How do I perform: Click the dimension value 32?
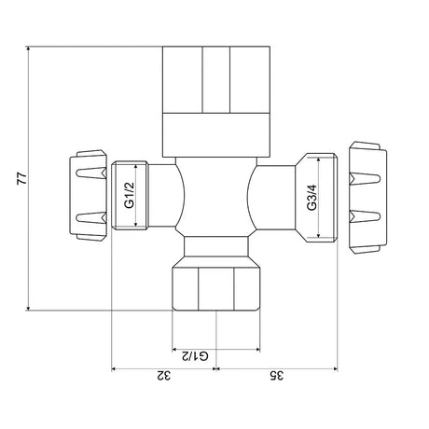tap(164, 376)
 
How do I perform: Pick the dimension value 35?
tap(274, 376)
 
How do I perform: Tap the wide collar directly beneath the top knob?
tap(214, 133)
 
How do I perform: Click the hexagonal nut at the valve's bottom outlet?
tap(215, 289)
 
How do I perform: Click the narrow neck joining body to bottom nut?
tap(215, 247)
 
